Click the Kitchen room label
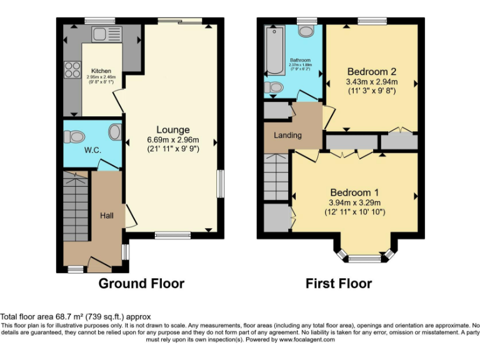101,71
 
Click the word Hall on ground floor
107,216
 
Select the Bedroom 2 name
372,71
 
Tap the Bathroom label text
299,61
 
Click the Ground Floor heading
141,283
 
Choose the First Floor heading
338,283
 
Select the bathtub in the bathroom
274,49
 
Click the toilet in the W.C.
76,135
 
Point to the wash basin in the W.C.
114,131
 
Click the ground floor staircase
77,206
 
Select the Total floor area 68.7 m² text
75,317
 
